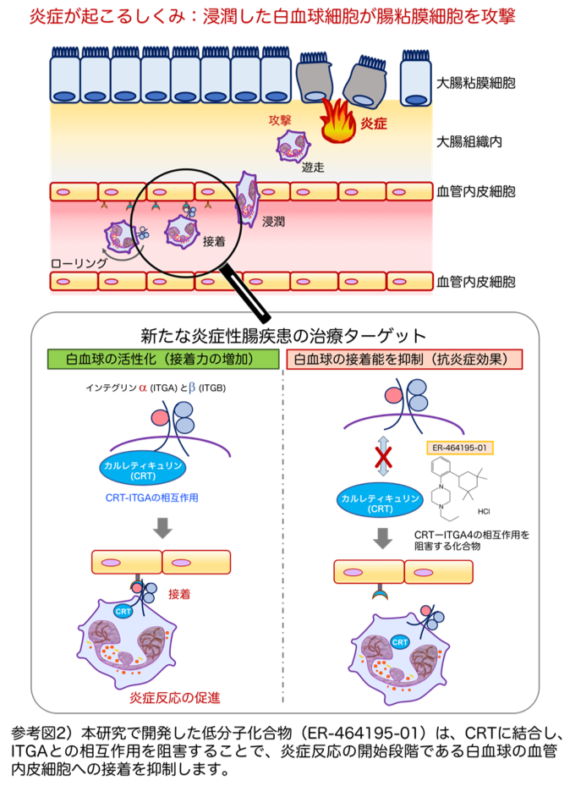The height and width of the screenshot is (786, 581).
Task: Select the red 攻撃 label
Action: pyautogui.click(x=281, y=120)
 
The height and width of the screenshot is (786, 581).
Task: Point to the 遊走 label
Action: pyautogui.click(x=313, y=167)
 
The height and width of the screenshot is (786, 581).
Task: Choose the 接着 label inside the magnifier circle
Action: pyautogui.click(x=215, y=241)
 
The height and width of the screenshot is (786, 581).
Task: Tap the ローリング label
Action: pyautogui.click(x=79, y=263)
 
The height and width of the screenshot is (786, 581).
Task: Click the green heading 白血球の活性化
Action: pyautogui.click(x=162, y=359)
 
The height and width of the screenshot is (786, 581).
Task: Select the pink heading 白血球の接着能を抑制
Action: pyautogui.click(x=404, y=359)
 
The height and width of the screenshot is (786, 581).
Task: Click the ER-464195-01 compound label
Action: pyautogui.click(x=459, y=448)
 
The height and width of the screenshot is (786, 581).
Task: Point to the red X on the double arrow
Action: pyautogui.click(x=384, y=459)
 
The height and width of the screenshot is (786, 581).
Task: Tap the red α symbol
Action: pyautogui.click(x=143, y=388)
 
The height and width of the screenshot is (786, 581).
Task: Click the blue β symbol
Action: pyautogui.click(x=191, y=388)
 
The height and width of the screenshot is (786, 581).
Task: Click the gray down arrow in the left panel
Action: pyautogui.click(x=162, y=528)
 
